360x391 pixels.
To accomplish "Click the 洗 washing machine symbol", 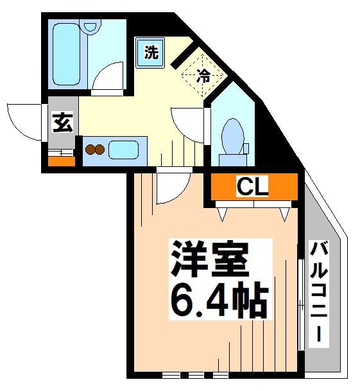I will (151, 53).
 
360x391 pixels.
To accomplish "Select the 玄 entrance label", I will (62, 121).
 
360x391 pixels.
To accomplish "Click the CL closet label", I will (252, 187).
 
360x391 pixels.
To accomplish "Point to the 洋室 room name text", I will (209, 261).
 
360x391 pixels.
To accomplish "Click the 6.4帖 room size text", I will (218, 298).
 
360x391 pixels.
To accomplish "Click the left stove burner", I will (90, 151).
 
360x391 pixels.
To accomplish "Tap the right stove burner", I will (100, 151).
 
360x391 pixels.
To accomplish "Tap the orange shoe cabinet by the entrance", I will (61, 160).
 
